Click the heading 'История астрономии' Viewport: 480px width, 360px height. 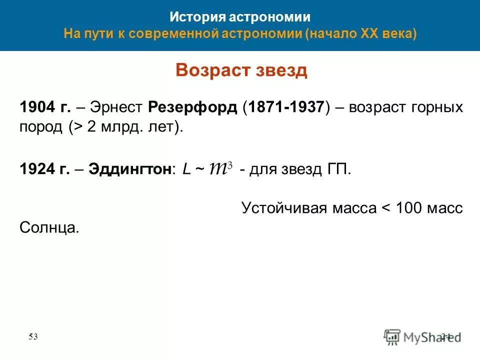pyautogui.click(x=240, y=17)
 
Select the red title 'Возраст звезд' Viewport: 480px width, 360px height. pyautogui.click(x=241, y=70)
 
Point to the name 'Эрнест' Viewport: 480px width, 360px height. pyautogui.click(x=117, y=108)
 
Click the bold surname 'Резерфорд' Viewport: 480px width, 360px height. pyautogui.click(x=192, y=108)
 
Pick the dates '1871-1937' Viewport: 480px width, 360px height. pyautogui.click(x=284, y=108)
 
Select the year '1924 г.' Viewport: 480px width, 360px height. pyautogui.click(x=43, y=169)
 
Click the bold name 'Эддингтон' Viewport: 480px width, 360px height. pyautogui.click(x=129, y=169)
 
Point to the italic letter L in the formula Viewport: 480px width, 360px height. pyautogui.click(x=186, y=169)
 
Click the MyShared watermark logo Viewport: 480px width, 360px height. pyautogui.click(x=422, y=336)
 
